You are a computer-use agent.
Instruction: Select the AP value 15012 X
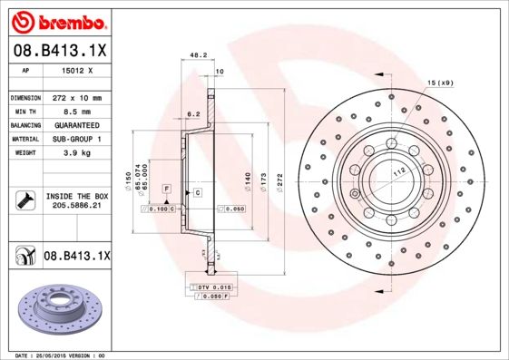(77, 70)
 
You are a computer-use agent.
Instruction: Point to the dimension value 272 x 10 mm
(77, 97)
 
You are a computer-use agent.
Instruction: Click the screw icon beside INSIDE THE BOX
(24, 201)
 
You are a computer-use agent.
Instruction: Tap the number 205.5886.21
(77, 207)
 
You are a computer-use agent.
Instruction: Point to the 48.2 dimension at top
(194, 56)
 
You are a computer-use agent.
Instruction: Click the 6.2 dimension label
(192, 114)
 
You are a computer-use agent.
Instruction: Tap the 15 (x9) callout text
(439, 83)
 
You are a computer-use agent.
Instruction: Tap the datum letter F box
(167, 188)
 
